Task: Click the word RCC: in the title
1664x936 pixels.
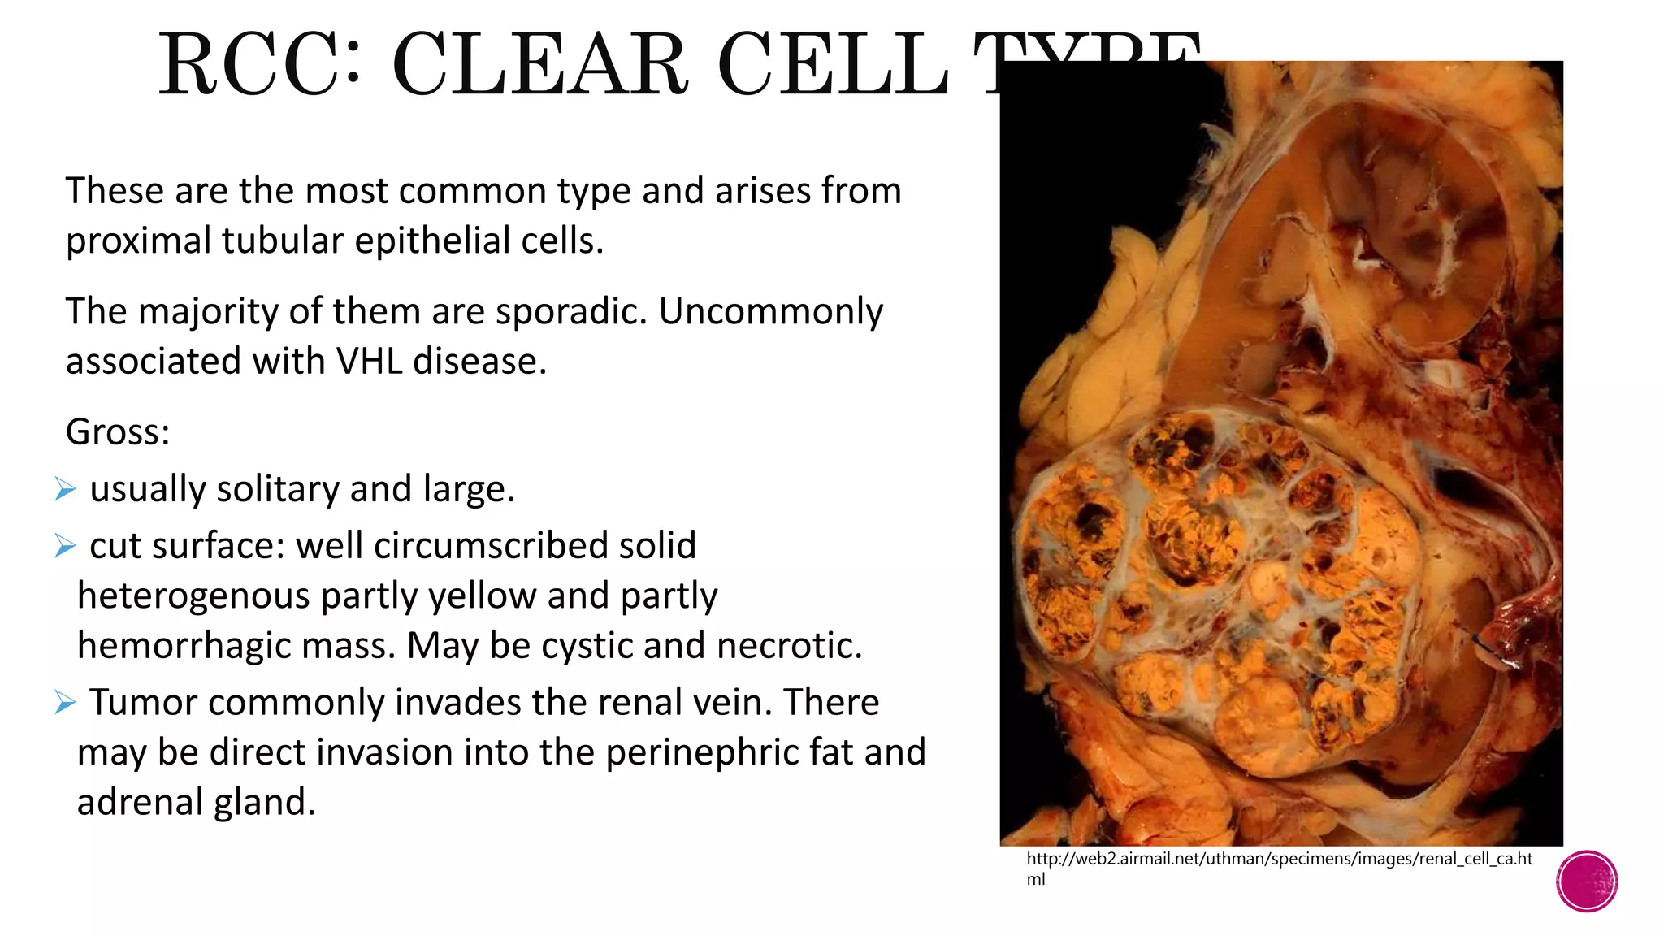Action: (259, 65)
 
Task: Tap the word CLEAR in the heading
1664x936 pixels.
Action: (539, 65)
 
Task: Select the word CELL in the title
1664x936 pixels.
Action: (833, 65)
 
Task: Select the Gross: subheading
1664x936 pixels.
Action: (118, 431)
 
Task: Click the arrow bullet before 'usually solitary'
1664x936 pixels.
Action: (65, 489)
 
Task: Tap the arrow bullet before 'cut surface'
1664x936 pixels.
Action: (65, 546)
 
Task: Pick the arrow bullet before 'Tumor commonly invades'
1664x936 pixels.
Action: (65, 702)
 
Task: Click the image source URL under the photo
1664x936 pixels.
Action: (1279, 860)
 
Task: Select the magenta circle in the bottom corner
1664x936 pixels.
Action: (1587, 882)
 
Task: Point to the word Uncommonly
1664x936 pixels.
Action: (770, 311)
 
